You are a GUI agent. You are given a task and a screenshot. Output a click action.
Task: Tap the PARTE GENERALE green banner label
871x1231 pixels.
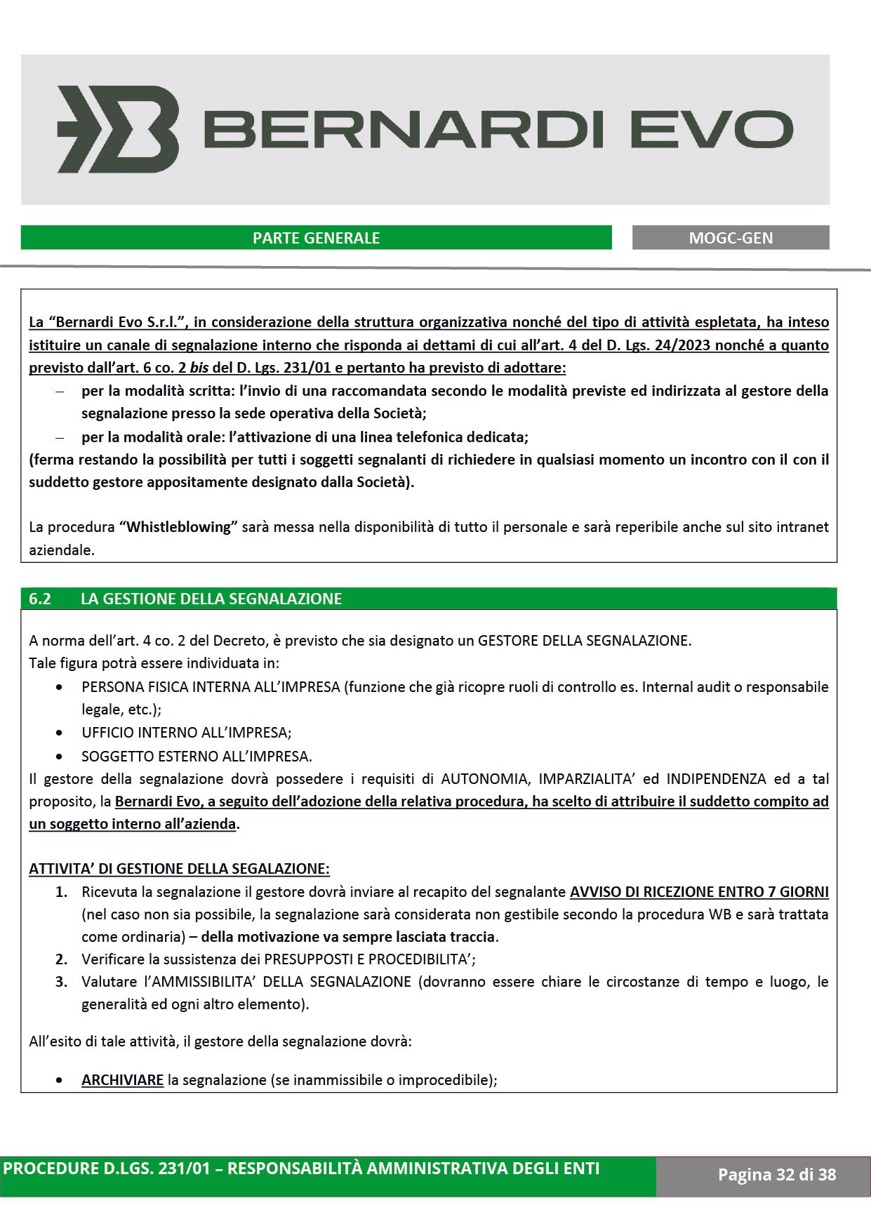coord(316,238)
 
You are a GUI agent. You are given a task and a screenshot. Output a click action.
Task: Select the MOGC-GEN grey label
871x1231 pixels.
coord(731,238)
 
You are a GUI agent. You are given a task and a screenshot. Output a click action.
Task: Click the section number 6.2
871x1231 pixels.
coord(40,599)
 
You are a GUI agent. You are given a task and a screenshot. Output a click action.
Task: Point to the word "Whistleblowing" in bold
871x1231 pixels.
coord(178,527)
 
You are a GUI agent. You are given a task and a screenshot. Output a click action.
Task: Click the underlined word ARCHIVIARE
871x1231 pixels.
coord(123,1079)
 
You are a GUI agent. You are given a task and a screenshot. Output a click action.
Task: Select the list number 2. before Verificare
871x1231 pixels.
coord(62,959)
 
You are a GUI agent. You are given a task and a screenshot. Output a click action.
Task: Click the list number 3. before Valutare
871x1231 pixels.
coord(62,981)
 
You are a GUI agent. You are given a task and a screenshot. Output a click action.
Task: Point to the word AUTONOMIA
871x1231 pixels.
coord(481,778)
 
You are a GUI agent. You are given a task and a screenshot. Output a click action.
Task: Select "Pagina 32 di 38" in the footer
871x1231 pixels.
coord(777,1174)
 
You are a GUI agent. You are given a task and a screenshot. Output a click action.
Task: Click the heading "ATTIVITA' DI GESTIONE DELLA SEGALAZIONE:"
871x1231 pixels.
coord(179,868)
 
